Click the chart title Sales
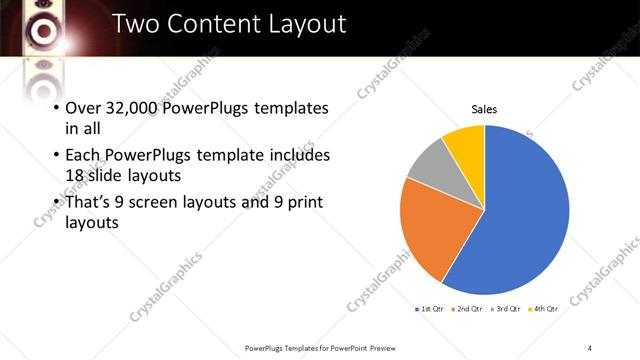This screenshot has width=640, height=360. click(484, 110)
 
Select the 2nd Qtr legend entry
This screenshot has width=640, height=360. click(467, 309)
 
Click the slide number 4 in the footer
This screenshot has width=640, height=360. click(590, 347)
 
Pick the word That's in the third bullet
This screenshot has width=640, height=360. click(89, 202)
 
